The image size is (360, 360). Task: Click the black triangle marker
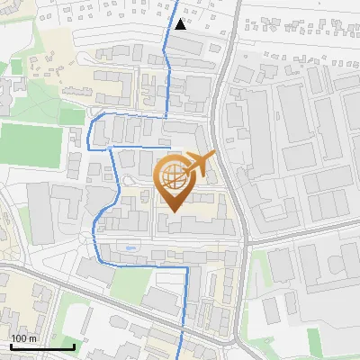click(181, 24)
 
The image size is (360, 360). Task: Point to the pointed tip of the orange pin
click(172, 212)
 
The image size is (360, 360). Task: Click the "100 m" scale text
click(23, 338)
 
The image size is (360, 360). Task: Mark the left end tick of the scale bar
click(11, 346)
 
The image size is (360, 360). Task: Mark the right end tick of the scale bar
click(75, 346)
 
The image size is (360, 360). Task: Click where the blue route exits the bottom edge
click(181, 358)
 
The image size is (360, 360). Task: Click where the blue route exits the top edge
click(175, 2)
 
